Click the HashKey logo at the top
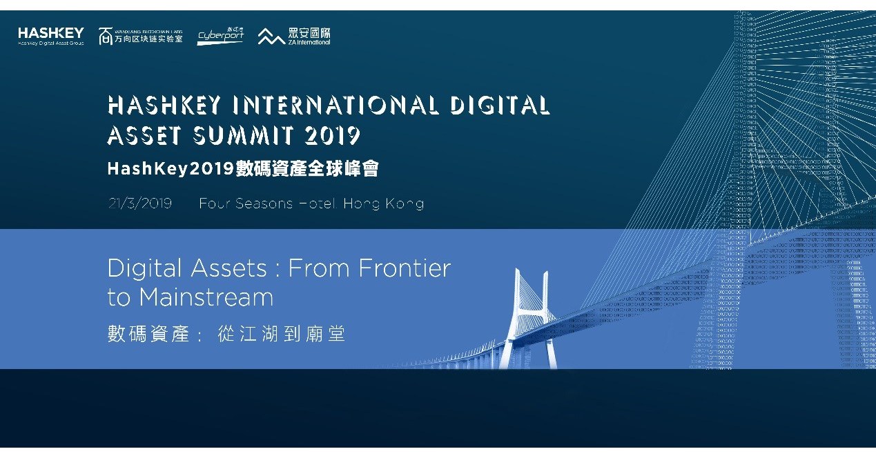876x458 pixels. click(x=51, y=35)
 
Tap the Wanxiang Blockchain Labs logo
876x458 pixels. click(x=140, y=36)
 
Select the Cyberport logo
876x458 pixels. click(x=220, y=37)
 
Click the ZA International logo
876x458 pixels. click(x=294, y=36)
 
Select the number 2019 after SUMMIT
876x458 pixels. click(x=332, y=135)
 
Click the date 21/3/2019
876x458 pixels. click(x=139, y=203)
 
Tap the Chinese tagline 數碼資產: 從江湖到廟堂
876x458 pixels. click(x=226, y=335)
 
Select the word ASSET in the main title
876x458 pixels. click(x=144, y=135)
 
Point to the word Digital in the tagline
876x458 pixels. click(x=144, y=268)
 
